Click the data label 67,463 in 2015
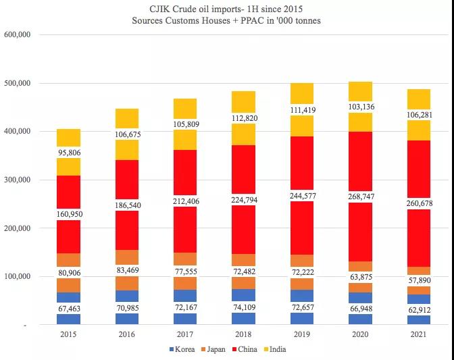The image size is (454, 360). coord(69,307)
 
